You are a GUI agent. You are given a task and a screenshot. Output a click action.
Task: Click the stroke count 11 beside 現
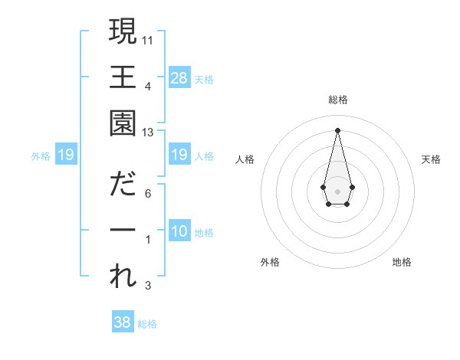149,40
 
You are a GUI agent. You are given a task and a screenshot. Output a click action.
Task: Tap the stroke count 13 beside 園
149,133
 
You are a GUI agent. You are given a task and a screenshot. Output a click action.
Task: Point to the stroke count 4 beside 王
148,86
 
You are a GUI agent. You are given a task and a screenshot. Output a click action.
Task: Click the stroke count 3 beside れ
148,286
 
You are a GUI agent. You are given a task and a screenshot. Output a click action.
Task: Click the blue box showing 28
179,77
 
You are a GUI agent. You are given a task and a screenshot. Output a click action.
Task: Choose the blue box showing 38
123,322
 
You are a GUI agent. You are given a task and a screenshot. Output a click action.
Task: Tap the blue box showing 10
179,232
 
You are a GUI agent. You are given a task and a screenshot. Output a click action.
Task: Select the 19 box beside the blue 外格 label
65,155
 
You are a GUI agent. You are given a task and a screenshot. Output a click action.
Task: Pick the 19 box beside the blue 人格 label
179,155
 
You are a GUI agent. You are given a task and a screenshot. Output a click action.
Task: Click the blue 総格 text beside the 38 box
147,324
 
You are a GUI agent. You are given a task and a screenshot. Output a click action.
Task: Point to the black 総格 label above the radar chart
337,100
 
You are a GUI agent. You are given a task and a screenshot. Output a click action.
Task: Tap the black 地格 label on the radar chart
402,262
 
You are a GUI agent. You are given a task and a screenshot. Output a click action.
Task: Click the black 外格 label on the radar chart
270,262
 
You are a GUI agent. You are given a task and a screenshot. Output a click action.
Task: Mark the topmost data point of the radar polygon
337,129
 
